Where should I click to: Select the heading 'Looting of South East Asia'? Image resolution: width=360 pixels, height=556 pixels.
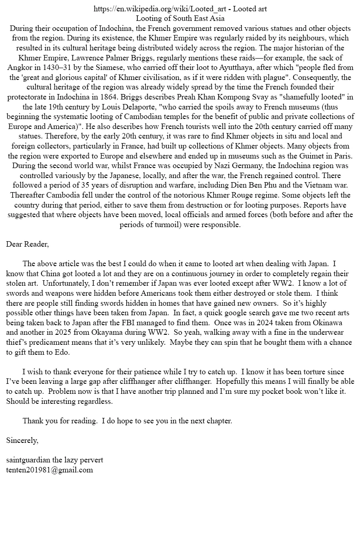tap(180, 19)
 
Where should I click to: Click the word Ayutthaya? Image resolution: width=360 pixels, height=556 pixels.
tap(235, 67)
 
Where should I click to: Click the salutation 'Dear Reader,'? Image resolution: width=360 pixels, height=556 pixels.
tap(27, 244)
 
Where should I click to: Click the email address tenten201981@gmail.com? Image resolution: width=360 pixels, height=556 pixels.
tap(50, 470)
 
